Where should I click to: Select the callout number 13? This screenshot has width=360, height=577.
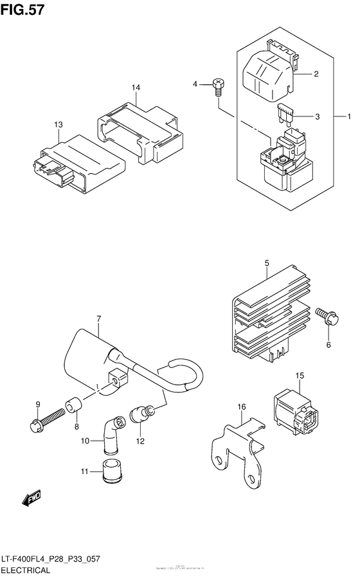[59, 124]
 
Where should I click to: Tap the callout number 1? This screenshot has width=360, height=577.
[349, 116]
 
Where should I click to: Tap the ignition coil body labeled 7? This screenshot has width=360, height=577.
[93, 357]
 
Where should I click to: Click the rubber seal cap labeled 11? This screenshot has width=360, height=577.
[105, 471]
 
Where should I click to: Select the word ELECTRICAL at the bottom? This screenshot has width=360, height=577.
[30, 569]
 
